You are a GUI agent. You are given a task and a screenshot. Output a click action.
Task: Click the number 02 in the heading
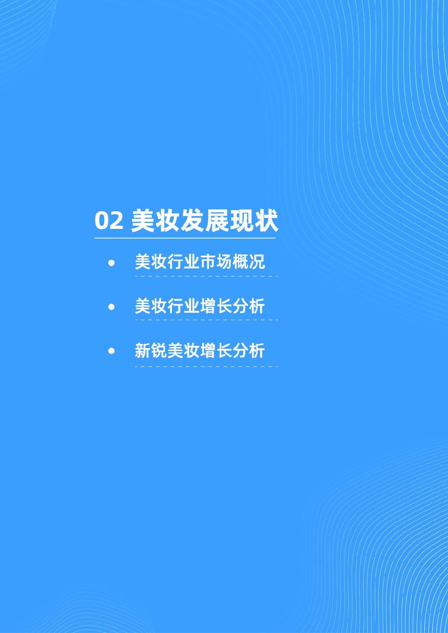click(x=109, y=220)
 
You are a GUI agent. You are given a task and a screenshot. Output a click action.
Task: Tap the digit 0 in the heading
click(x=102, y=220)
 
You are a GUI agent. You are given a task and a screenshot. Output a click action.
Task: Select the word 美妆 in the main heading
click(x=155, y=220)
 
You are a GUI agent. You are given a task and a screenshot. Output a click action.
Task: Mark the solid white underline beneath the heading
click(x=185, y=238)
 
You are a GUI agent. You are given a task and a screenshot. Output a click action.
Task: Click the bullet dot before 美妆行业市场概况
click(x=111, y=263)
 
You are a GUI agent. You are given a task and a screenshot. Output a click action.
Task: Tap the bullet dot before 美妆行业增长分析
click(x=111, y=307)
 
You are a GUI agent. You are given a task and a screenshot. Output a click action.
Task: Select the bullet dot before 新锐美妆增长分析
click(x=111, y=351)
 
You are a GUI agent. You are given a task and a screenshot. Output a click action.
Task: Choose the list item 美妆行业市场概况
click(x=200, y=262)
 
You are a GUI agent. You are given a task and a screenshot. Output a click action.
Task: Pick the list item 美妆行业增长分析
click(x=200, y=306)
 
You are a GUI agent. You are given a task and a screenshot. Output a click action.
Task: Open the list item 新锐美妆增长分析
click(x=200, y=350)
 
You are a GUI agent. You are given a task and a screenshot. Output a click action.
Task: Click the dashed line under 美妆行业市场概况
click(x=206, y=276)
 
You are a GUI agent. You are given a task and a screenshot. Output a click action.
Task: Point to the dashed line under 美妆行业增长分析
click(x=206, y=320)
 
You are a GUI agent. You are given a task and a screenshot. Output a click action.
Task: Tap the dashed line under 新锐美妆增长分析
click(x=206, y=366)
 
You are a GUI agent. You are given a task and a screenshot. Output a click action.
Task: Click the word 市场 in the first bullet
click(x=216, y=262)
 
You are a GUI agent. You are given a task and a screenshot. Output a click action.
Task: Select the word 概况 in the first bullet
click(x=249, y=262)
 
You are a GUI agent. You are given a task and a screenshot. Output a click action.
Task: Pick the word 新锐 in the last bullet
click(x=151, y=350)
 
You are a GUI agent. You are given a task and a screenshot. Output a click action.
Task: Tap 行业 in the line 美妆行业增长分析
click(x=183, y=306)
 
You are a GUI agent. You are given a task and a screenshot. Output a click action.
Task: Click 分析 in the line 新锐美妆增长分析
click(x=249, y=350)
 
